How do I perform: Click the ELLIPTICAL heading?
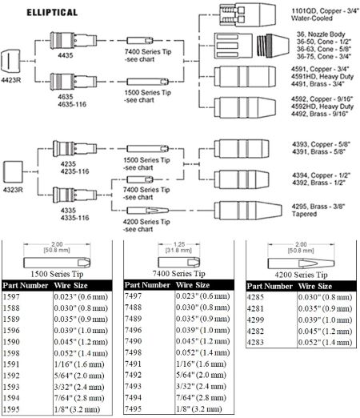tap(52, 13)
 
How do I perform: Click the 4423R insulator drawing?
tap(10, 62)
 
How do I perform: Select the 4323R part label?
tap(13, 190)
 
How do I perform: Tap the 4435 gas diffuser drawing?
tap(74, 40)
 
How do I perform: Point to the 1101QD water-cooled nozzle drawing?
tap(247, 14)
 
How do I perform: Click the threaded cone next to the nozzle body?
tap(273, 46)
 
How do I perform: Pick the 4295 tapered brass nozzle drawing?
tap(248, 211)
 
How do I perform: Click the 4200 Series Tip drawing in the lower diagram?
tap(147, 211)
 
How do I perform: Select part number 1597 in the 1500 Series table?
tap(11, 297)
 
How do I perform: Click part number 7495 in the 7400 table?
tap(133, 408)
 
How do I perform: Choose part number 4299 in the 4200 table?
tap(255, 320)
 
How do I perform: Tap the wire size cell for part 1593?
tap(79, 387)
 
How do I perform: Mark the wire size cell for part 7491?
tap(201, 364)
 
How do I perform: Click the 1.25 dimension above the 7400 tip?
tap(179, 244)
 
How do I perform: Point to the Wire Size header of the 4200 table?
tap(315, 287)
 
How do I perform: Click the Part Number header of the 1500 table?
tap(26, 286)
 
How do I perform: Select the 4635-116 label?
tap(72, 104)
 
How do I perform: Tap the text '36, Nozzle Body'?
tap(321, 34)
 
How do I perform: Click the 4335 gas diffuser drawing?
tap(74, 195)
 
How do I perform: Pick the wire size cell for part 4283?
tap(325, 342)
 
